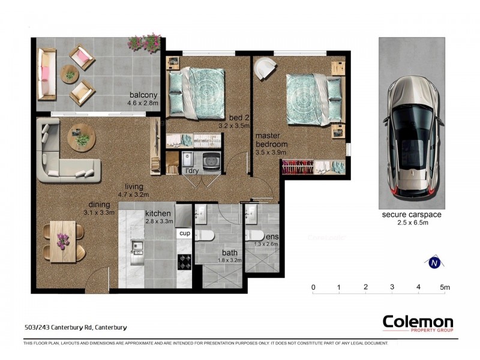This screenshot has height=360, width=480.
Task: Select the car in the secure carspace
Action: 414,141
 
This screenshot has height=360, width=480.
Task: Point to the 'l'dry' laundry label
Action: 192,172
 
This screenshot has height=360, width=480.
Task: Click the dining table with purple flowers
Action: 63,241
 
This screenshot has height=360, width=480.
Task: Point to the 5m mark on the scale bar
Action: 444,288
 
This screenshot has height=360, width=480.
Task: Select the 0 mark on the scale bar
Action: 313,288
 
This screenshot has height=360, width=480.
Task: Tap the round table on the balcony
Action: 71,74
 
